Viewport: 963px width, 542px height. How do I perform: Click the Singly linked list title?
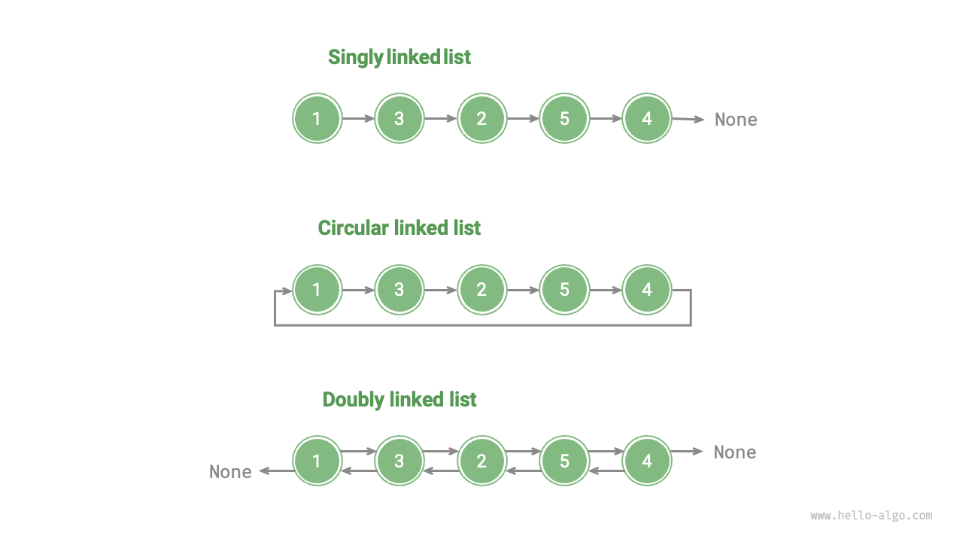tap(399, 57)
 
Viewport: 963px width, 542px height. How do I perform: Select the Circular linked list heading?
tap(399, 228)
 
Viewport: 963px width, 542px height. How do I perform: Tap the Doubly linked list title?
tap(399, 399)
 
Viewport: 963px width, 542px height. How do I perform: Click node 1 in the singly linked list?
tap(317, 118)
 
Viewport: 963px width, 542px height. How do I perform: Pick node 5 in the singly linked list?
tap(564, 118)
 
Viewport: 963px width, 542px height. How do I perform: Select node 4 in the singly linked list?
tap(647, 118)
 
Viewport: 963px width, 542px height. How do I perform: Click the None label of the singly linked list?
tap(735, 120)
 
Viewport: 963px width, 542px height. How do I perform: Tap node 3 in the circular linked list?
tap(399, 290)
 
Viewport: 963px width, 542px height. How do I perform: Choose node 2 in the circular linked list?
tap(481, 290)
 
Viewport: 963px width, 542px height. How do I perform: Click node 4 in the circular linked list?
tap(647, 290)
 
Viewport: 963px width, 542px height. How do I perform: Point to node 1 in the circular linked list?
tap(317, 290)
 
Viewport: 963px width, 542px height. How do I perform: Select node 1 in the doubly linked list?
tap(317, 461)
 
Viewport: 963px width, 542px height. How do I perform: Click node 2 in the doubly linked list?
tap(481, 461)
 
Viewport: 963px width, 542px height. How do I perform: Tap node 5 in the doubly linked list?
tap(564, 461)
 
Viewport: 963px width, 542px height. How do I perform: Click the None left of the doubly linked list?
tap(230, 472)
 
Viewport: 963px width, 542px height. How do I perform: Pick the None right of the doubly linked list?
tap(734, 452)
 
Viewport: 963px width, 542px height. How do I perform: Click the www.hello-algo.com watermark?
tap(871, 516)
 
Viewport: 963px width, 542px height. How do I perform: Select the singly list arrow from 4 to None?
tap(688, 119)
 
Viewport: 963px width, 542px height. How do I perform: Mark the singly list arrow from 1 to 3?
tap(358, 118)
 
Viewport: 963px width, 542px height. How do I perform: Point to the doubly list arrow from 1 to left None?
tap(276, 471)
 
